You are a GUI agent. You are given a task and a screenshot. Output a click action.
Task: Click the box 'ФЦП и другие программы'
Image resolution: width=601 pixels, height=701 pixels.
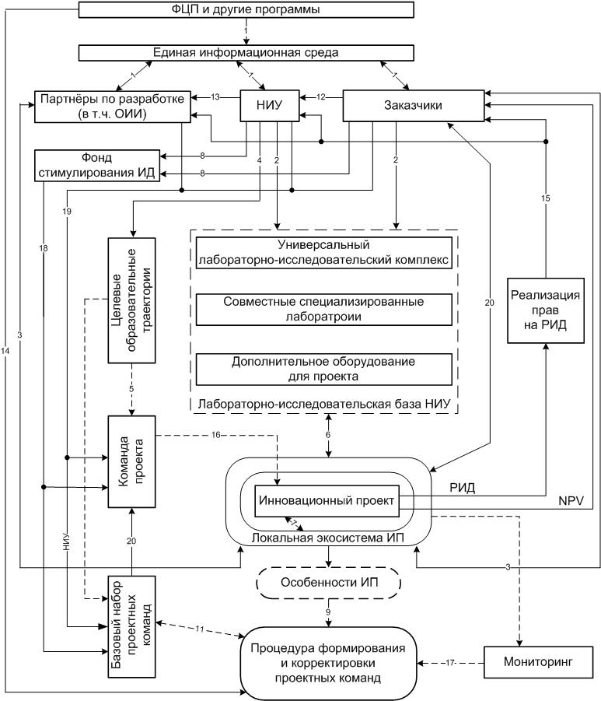coord(245,10)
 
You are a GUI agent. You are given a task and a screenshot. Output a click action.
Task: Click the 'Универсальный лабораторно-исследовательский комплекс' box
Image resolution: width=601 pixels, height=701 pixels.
coord(324,253)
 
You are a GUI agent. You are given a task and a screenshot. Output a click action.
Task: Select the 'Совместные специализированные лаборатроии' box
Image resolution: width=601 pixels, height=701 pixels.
coord(324,309)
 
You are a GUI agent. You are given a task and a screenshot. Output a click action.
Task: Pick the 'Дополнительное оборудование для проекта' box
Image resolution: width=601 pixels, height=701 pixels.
coord(324,369)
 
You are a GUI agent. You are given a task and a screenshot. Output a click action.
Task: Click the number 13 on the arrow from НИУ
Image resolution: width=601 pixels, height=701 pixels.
coord(215,97)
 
